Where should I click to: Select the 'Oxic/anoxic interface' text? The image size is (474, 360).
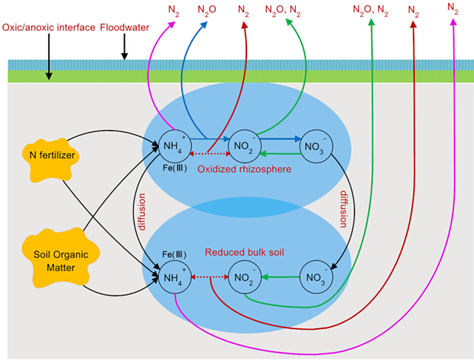[49, 27]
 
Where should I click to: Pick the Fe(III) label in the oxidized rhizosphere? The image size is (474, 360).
[175, 167]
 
